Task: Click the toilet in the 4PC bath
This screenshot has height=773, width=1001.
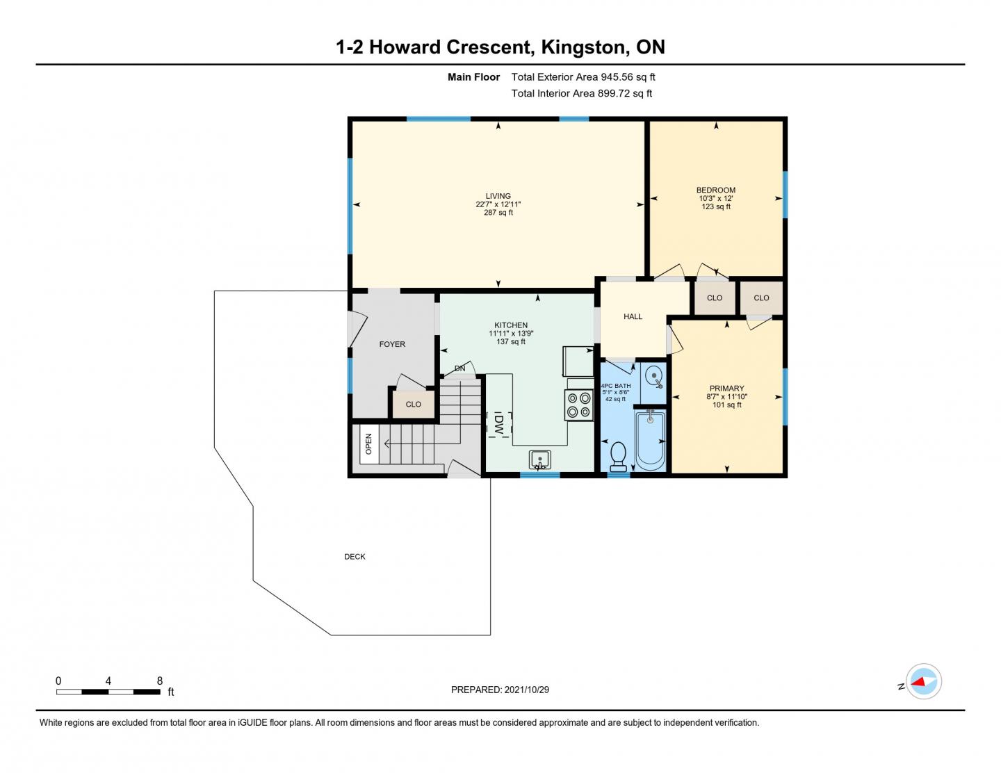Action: coord(617,457)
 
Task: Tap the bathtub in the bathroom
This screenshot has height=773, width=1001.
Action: coord(649,440)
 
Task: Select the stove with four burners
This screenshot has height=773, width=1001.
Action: coord(579,405)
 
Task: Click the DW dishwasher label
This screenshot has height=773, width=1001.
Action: coord(498,424)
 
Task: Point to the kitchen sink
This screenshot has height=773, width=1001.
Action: coord(539,459)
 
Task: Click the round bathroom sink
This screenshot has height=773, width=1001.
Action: coord(653,377)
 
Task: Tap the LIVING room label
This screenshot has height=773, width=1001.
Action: coord(498,196)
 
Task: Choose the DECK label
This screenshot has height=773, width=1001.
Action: coord(355,557)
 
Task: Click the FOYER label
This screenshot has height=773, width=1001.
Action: coord(392,344)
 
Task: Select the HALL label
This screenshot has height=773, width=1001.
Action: coord(633,316)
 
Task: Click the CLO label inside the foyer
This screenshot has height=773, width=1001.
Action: coord(413,404)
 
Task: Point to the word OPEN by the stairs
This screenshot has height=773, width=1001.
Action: coord(368,444)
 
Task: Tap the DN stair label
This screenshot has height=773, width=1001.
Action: coord(459,368)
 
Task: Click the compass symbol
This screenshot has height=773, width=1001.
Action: coord(923,681)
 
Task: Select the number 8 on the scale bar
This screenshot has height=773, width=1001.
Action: coord(160,681)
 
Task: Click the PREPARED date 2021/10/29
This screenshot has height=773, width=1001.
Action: coord(526,690)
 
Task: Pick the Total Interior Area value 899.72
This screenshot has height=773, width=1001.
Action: coord(613,94)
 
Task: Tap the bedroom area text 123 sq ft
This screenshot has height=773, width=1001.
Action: coord(716,206)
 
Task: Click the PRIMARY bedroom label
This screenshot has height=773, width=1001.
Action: coord(726,389)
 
